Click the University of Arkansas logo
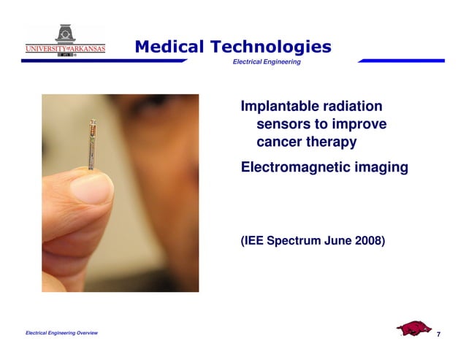[x=65, y=42]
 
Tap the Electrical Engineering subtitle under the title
[x=266, y=62]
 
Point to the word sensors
[x=283, y=124]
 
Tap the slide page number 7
[x=438, y=334]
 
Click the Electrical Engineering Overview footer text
[x=61, y=333]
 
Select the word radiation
[x=357, y=107]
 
